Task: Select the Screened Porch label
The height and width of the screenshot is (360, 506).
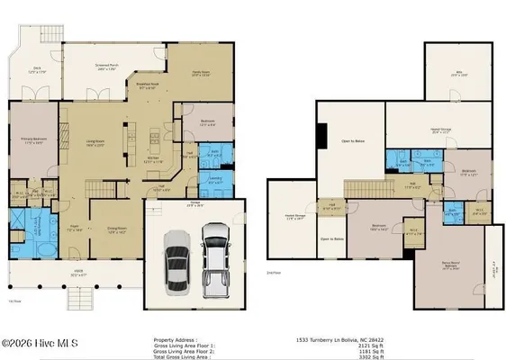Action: click(109, 66)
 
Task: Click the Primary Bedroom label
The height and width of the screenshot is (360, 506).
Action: click(33, 140)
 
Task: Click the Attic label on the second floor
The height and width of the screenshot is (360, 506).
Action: click(456, 75)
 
